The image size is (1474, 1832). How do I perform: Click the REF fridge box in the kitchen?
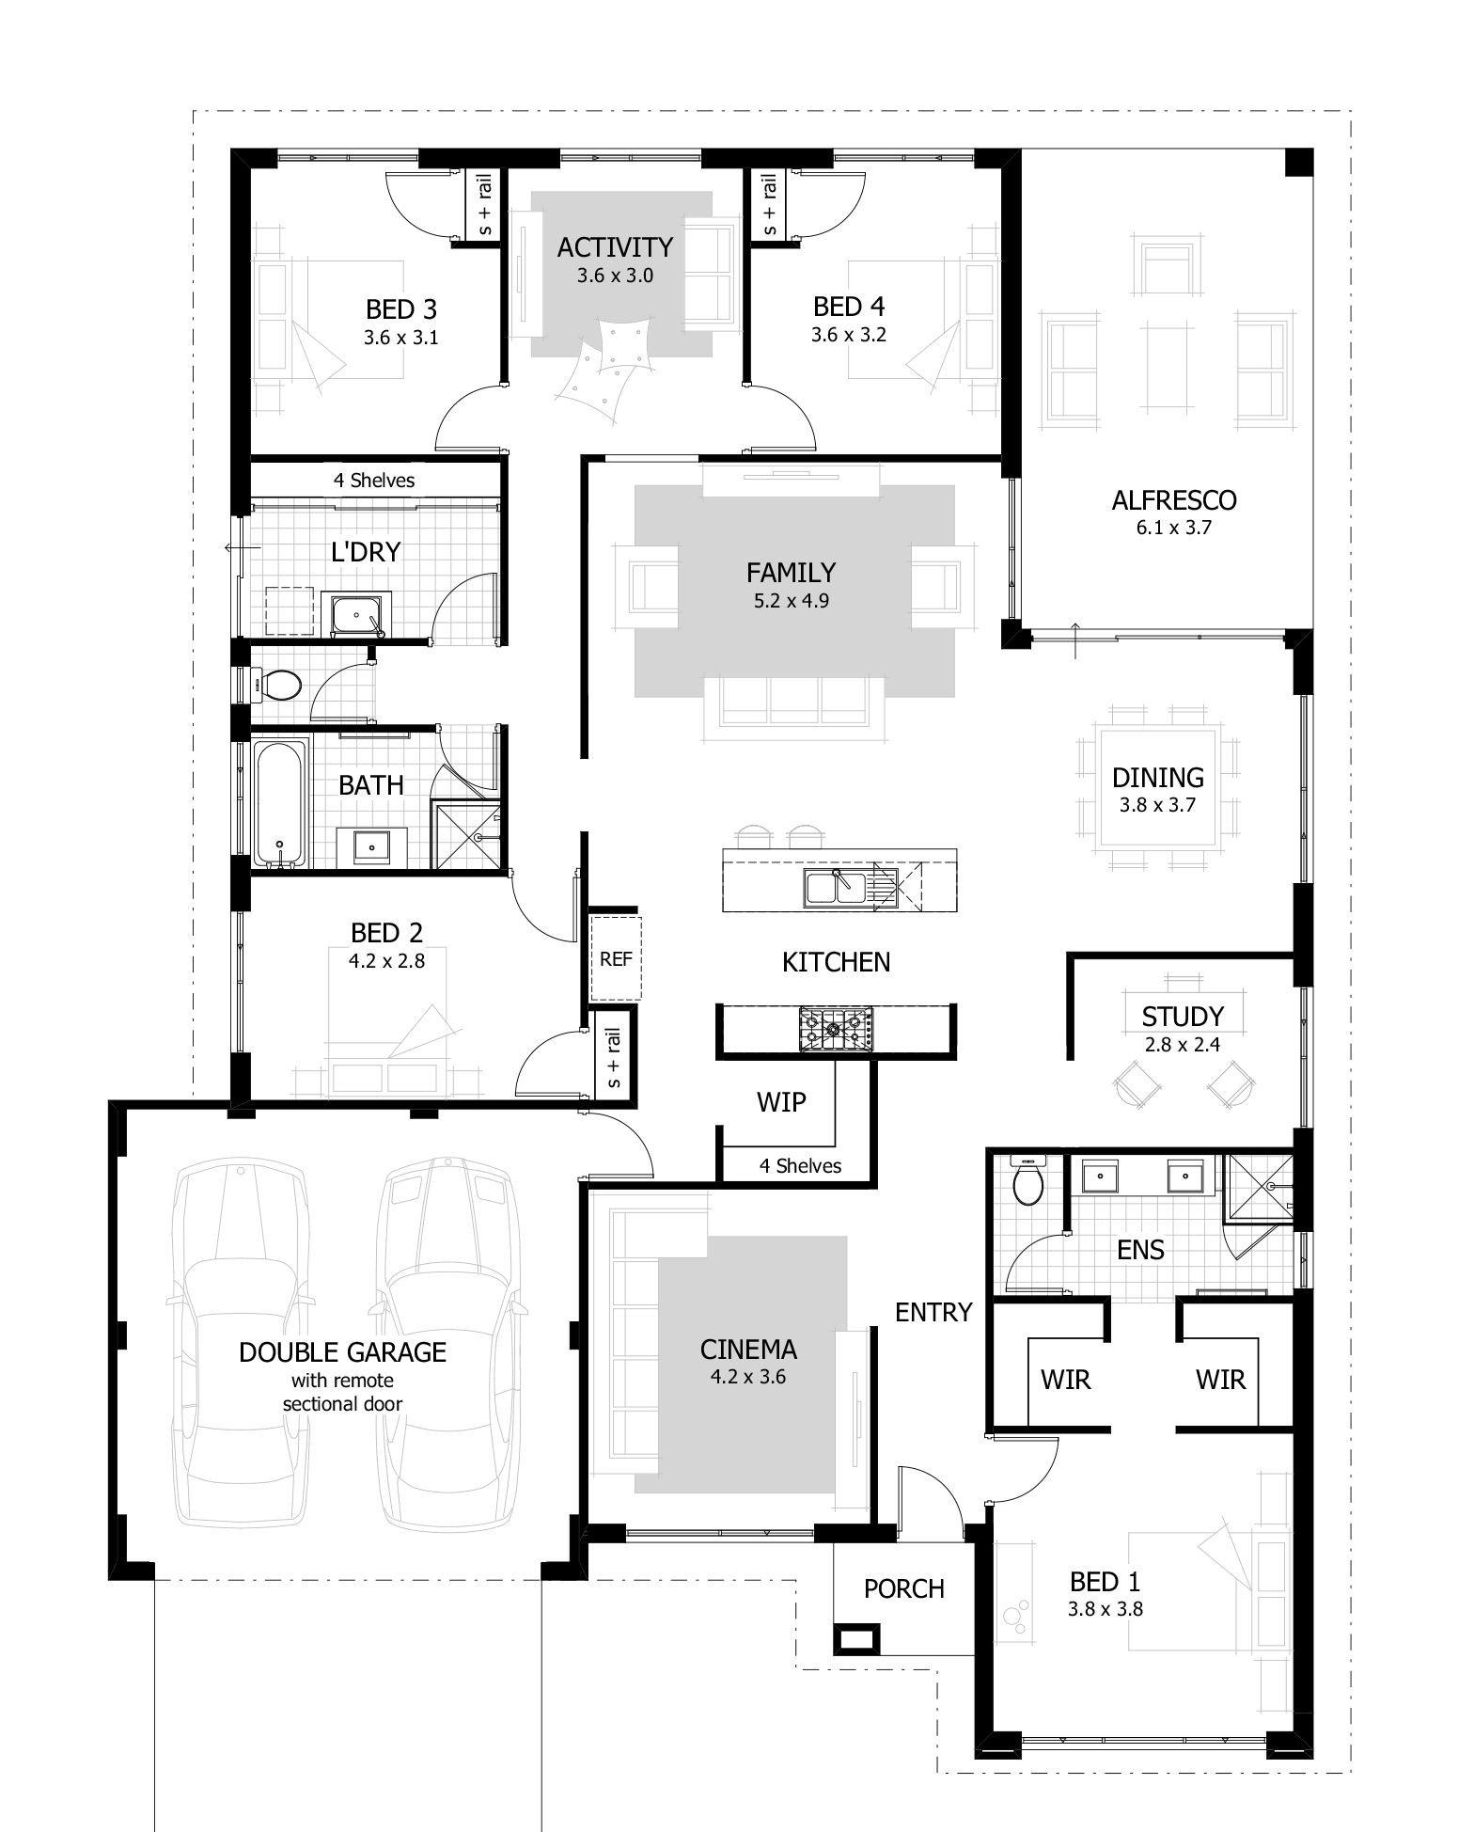[616, 958]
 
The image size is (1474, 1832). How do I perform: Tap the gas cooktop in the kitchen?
[835, 1029]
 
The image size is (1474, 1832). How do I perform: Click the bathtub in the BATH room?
[280, 802]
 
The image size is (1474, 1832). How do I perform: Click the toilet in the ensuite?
[1027, 1184]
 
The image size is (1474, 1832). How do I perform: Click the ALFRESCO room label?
[1173, 500]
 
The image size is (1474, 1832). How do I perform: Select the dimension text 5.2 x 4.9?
[791, 600]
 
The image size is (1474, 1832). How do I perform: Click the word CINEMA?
[748, 1350]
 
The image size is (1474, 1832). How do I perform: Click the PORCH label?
[903, 1588]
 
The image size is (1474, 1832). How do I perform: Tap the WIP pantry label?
[781, 1101]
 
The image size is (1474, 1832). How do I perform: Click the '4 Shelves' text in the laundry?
[373, 481]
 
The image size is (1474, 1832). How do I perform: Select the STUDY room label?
[1182, 1017]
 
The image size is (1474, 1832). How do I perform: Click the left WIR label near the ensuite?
[1065, 1380]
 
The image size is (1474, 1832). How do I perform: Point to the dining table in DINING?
[1157, 789]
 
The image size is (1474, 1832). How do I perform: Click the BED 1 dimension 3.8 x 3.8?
[1104, 1608]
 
